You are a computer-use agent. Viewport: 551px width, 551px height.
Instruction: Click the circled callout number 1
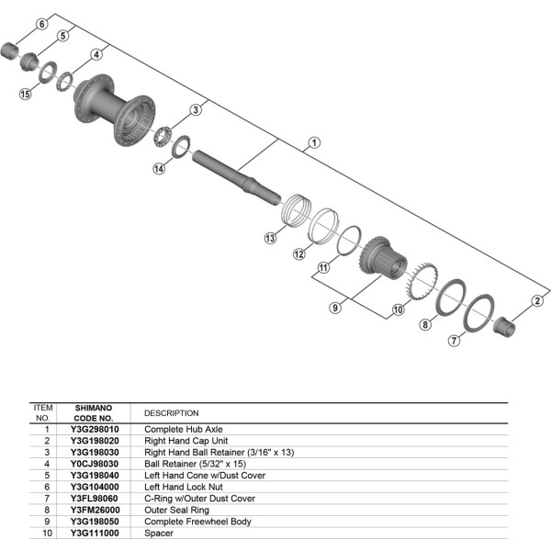(314, 142)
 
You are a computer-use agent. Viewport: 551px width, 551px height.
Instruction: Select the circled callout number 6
(41, 23)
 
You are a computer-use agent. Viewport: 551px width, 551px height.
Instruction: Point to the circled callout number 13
(270, 238)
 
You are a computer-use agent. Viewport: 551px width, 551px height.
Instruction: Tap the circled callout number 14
(159, 168)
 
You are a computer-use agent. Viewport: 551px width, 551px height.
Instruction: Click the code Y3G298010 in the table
(94, 429)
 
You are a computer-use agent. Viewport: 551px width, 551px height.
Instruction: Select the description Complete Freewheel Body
(191, 521)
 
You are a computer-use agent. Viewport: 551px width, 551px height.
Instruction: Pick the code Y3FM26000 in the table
(94, 510)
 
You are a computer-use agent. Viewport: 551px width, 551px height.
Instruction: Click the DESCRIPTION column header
(171, 413)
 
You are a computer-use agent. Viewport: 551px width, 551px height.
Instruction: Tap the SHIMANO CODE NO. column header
(94, 411)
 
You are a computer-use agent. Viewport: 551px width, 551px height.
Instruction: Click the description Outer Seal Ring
(176, 510)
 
